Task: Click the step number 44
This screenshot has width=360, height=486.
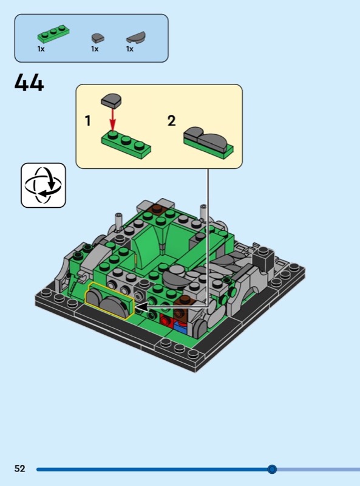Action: click(29, 83)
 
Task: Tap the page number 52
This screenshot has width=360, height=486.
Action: click(19, 468)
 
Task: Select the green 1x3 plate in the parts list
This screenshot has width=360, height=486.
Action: click(53, 35)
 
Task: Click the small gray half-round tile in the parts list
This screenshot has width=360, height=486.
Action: click(98, 38)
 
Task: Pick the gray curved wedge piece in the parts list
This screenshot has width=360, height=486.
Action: click(136, 37)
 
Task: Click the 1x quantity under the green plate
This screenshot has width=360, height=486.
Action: click(41, 49)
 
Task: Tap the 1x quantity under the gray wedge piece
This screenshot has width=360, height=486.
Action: click(130, 49)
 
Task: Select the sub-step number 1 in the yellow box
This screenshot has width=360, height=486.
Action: click(88, 120)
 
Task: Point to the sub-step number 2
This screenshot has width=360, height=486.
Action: click(172, 120)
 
